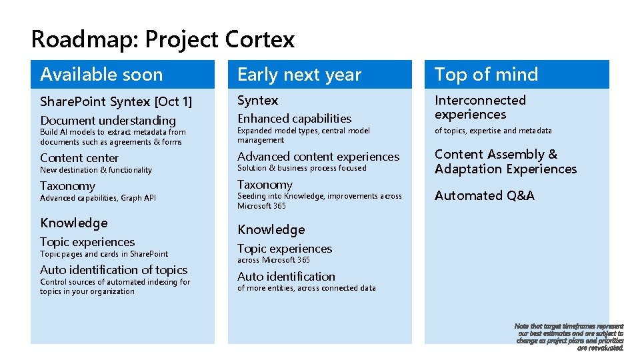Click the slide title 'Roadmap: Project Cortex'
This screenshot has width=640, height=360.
(163, 39)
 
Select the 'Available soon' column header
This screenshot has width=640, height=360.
(101, 75)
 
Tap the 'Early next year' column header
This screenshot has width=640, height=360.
(299, 75)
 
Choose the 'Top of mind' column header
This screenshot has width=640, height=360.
(486, 75)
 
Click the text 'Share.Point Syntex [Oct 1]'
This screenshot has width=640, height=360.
(116, 102)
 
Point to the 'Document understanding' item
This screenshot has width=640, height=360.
(108, 121)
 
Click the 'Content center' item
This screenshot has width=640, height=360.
(79, 158)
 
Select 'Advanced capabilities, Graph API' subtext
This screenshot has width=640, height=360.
(98, 198)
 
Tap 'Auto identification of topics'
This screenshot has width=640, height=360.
(114, 270)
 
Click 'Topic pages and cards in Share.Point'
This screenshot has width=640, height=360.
(104, 254)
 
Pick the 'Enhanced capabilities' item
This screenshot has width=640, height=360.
(295, 119)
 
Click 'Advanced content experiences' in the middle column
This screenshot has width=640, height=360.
(319, 157)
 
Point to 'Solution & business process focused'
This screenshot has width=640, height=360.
(302, 168)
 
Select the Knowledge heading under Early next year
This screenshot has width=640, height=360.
(271, 230)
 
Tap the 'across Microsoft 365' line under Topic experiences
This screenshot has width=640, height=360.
(274, 260)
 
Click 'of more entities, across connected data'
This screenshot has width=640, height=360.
(307, 288)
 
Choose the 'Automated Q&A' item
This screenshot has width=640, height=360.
(485, 196)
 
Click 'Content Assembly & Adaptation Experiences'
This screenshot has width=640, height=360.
(505, 161)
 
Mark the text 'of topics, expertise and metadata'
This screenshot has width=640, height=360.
(493, 131)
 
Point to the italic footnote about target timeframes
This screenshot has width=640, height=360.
(570, 337)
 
